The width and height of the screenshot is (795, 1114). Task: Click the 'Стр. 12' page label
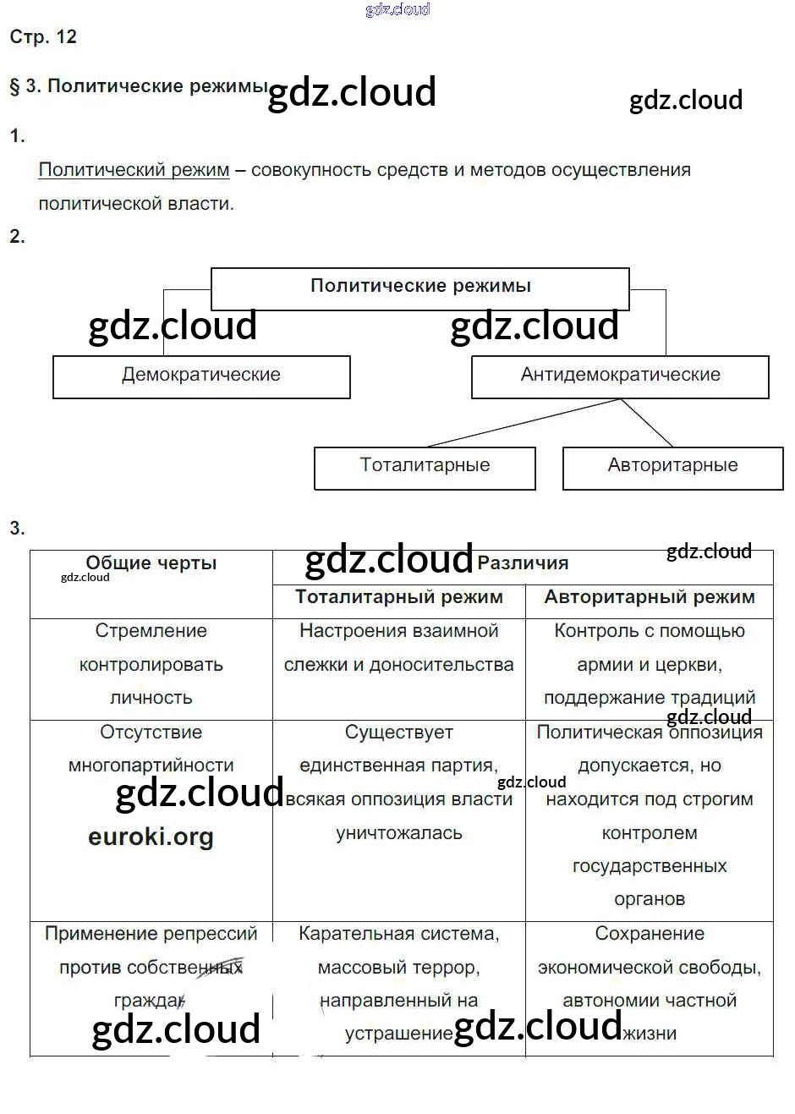43,36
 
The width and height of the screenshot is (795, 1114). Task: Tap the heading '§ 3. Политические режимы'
138,86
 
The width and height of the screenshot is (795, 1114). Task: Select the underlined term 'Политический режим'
134,170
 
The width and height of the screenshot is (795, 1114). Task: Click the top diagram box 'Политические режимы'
419,287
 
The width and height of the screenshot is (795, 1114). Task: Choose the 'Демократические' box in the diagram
201,376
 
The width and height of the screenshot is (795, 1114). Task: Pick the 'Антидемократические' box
620,376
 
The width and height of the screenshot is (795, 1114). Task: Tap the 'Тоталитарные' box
425,466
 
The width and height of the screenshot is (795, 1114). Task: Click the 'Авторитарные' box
672,466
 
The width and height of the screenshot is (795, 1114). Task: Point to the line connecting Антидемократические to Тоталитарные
524,422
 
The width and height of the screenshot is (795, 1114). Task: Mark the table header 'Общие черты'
151,563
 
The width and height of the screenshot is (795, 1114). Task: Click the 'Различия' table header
523,563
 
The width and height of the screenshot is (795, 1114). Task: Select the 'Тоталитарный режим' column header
399,597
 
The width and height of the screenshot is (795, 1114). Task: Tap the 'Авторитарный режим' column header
650,597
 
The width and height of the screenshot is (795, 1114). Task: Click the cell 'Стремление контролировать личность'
151,665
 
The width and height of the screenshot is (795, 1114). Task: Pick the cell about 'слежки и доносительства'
399,665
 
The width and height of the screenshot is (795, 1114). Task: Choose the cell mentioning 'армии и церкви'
650,665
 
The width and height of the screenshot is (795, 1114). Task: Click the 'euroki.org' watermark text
151,837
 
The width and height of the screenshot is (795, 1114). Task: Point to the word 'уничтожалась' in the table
399,833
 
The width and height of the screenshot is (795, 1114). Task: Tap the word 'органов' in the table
650,899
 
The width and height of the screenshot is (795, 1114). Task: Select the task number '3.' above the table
18,529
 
